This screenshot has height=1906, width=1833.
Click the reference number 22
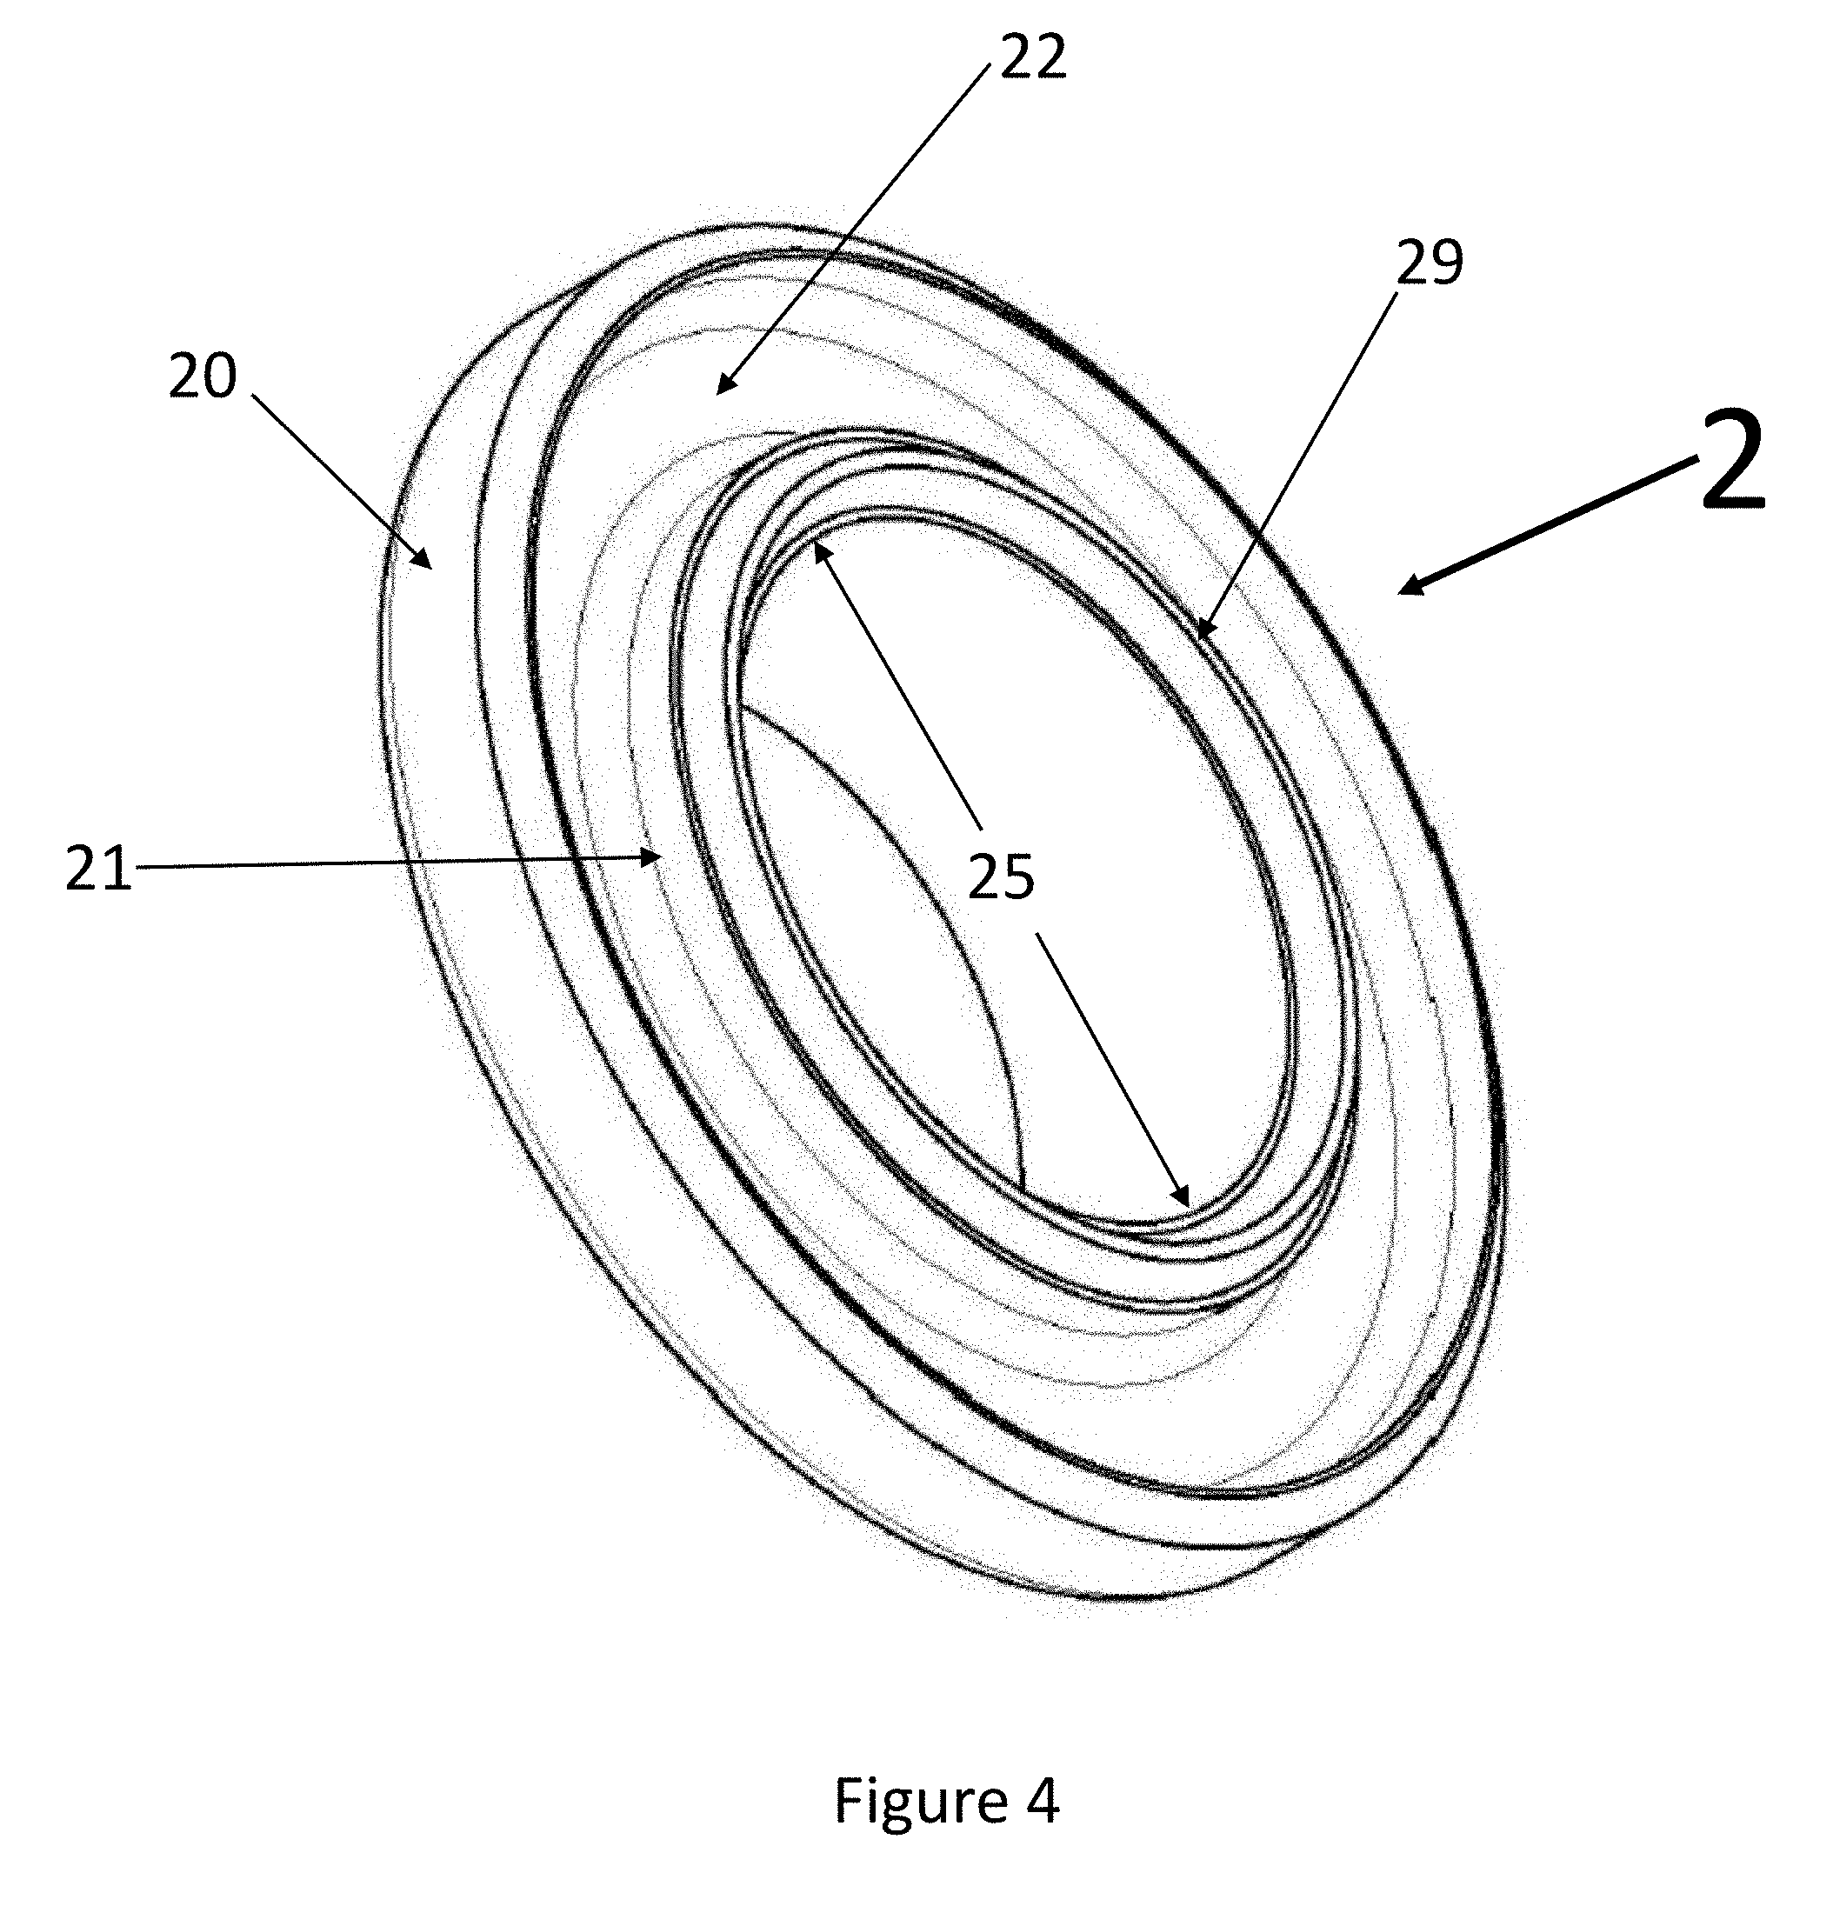coord(1033,58)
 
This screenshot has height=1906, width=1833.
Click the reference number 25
coord(1001,877)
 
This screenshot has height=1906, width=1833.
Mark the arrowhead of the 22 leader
coord(722,388)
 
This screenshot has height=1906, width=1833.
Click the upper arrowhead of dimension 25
coord(819,550)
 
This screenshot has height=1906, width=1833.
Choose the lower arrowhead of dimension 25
coord(1183,1200)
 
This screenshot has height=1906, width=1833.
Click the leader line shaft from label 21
coord(389,862)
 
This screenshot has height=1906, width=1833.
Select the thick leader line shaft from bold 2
coord(1546,528)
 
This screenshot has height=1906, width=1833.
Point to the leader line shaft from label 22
coord(856,223)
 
